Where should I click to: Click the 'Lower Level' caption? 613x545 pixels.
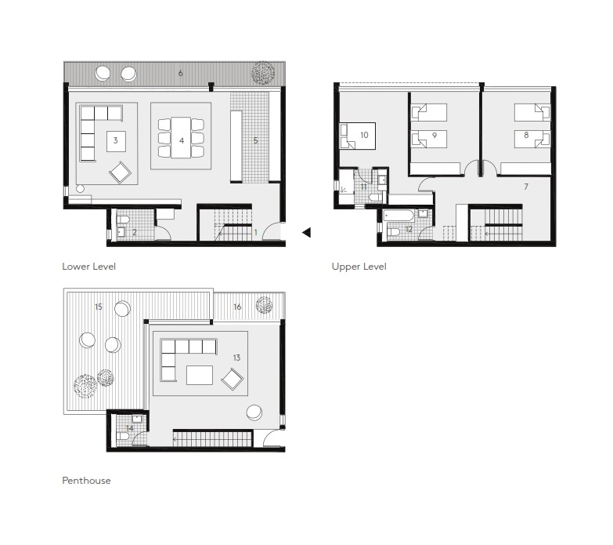88,267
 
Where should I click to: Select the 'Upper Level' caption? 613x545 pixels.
359,267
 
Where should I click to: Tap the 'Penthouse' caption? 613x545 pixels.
86,481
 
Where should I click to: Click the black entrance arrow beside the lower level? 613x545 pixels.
307,232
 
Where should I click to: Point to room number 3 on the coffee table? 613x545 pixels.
116,141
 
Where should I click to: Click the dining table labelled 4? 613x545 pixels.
181,138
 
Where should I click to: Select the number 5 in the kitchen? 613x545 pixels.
255,141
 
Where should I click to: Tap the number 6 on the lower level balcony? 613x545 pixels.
181,73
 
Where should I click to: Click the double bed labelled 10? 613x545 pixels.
359,136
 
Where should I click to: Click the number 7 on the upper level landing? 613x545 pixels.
526,187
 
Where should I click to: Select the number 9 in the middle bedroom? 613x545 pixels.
434,135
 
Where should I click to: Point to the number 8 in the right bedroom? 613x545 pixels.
526,135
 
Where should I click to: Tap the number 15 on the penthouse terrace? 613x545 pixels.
99,307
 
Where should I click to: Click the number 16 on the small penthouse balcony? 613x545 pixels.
237,307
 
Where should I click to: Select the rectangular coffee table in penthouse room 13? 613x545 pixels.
200,376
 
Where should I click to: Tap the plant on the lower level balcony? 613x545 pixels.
262,73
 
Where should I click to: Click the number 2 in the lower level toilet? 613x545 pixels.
134,232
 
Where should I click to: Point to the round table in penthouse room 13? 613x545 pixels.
255,412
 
